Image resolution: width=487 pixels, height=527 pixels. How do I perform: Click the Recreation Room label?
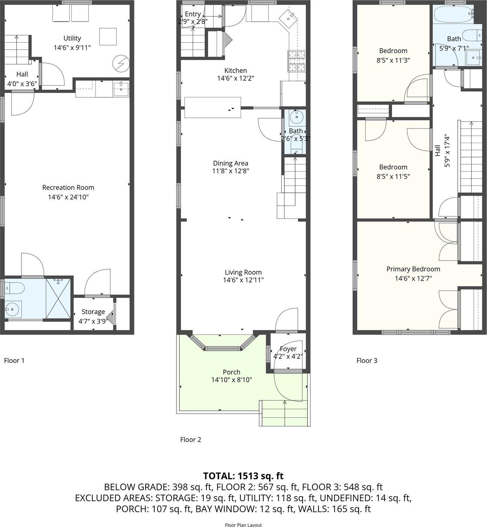click(68, 187)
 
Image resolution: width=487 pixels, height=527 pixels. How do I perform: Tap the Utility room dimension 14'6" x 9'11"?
click(72, 48)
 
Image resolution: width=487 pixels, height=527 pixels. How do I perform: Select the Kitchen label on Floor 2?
click(235, 71)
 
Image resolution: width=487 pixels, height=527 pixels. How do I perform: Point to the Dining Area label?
click(231, 163)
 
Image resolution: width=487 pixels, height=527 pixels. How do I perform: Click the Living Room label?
click(243, 272)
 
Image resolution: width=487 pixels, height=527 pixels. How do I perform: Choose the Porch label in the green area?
click(231, 372)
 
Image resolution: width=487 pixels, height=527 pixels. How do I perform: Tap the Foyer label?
click(288, 349)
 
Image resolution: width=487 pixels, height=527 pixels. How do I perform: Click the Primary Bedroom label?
click(413, 269)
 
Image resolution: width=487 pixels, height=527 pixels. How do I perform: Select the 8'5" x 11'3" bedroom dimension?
click(393, 60)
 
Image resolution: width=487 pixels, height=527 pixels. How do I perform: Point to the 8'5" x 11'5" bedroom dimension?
click(393, 177)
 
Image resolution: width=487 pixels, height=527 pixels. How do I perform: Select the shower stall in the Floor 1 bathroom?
click(58, 298)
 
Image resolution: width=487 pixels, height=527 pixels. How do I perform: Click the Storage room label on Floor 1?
click(93, 312)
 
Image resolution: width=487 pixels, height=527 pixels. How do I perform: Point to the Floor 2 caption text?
click(190, 439)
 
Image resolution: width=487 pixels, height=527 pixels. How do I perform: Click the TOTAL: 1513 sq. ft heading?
click(243, 476)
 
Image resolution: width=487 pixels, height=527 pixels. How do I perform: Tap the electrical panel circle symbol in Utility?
click(121, 63)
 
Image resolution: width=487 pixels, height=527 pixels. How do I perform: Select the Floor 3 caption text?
click(366, 361)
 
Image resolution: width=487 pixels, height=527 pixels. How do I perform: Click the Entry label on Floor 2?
click(193, 14)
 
